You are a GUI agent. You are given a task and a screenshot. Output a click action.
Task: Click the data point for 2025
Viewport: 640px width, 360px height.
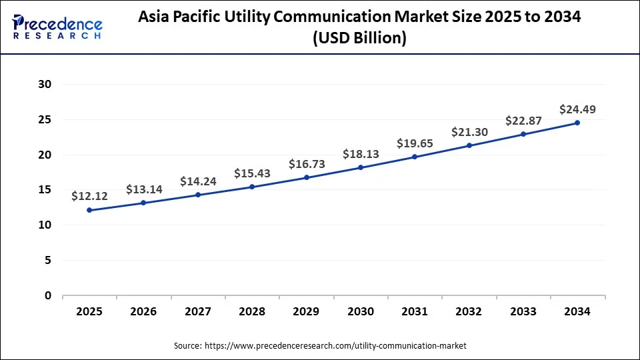89,210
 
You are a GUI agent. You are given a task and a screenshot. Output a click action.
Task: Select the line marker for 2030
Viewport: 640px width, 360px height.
361,167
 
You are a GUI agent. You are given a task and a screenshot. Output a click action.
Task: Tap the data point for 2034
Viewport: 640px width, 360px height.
577,123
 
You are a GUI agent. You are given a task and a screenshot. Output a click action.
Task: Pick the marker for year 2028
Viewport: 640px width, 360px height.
252,187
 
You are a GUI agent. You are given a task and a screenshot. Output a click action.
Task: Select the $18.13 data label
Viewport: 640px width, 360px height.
361,153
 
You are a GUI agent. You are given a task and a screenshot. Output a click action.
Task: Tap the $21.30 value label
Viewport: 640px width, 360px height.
469,131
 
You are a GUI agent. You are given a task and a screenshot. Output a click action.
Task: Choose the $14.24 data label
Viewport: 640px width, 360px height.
198,181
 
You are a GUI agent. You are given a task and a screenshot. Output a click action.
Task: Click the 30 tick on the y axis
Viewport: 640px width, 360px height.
45,84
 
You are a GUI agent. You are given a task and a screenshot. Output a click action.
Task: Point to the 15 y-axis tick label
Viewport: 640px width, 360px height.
45,190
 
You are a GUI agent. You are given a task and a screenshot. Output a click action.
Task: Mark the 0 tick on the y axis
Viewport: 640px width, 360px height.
47,295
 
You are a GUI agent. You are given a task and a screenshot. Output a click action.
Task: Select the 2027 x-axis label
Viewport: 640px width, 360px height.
198,311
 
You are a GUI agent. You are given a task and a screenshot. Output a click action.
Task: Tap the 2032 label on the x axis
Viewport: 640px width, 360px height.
469,311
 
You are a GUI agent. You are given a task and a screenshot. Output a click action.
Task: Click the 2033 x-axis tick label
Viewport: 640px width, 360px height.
523,311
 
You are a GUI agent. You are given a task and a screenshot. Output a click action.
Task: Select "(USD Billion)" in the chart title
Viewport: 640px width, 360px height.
359,39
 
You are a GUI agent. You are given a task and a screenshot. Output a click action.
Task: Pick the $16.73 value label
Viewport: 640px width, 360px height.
307,164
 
